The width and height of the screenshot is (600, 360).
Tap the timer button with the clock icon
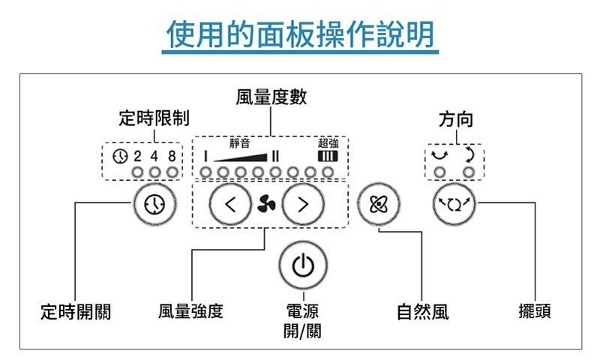154,203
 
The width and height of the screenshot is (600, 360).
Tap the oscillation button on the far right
454,203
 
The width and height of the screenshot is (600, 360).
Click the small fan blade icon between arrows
265,203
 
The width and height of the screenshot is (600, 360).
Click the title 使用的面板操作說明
301,34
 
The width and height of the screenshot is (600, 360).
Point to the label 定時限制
154,118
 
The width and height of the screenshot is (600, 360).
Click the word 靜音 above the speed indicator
239,142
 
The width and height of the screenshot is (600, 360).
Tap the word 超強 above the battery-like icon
328,142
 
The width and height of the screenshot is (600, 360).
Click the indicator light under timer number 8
173,172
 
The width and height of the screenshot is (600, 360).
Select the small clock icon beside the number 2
118,156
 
